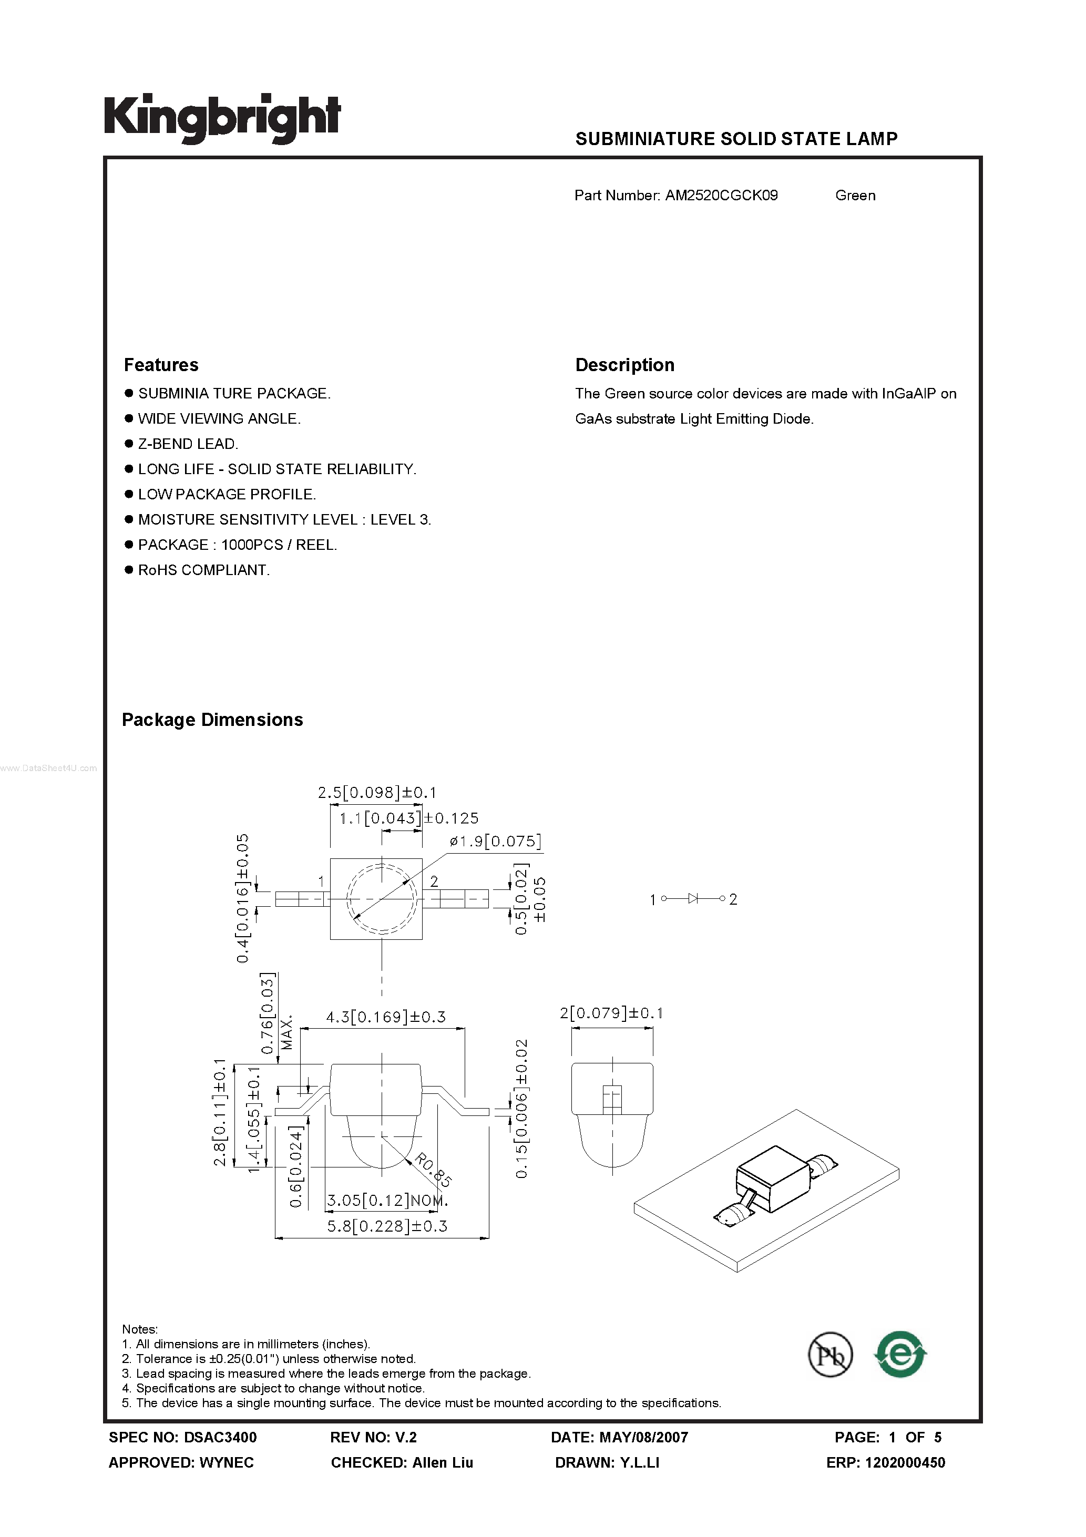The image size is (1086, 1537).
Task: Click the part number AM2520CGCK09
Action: click(x=721, y=196)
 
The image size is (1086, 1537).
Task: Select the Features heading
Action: click(x=161, y=365)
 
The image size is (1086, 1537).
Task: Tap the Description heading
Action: click(x=624, y=365)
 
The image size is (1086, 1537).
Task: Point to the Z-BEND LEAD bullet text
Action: click(x=188, y=444)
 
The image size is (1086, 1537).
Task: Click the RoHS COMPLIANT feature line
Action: click(x=203, y=570)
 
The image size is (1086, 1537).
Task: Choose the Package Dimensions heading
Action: click(x=212, y=720)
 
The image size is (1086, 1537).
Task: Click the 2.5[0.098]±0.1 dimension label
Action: click(x=377, y=793)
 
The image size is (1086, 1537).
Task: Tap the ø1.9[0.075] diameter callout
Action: click(x=496, y=842)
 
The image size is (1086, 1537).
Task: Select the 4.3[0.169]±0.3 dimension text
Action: click(x=386, y=1017)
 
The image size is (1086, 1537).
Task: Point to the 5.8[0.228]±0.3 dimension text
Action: click(x=387, y=1226)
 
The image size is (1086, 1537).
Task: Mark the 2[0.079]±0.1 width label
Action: click(x=611, y=1013)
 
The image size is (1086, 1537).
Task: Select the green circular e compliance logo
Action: click(x=900, y=1354)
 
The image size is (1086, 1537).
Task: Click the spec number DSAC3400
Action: click(x=220, y=1437)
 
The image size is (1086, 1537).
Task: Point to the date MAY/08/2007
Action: click(x=643, y=1437)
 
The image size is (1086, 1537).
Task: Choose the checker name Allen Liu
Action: click(x=443, y=1463)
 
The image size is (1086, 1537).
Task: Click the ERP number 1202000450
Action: click(x=905, y=1463)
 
